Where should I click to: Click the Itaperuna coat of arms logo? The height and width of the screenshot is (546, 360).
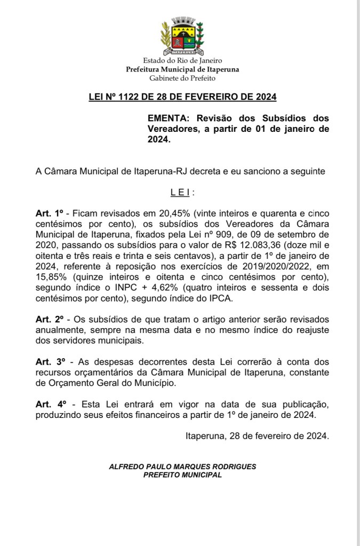coord(182,36)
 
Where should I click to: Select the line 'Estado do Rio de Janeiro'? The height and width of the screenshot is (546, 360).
coord(182,61)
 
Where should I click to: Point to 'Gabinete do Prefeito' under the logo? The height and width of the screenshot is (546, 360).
coord(182,78)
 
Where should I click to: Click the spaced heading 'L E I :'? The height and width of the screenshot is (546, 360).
coord(182,192)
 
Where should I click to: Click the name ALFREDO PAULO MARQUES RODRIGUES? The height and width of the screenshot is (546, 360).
coord(182,466)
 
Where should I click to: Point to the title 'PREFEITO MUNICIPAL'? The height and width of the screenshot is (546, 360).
coord(182,474)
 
